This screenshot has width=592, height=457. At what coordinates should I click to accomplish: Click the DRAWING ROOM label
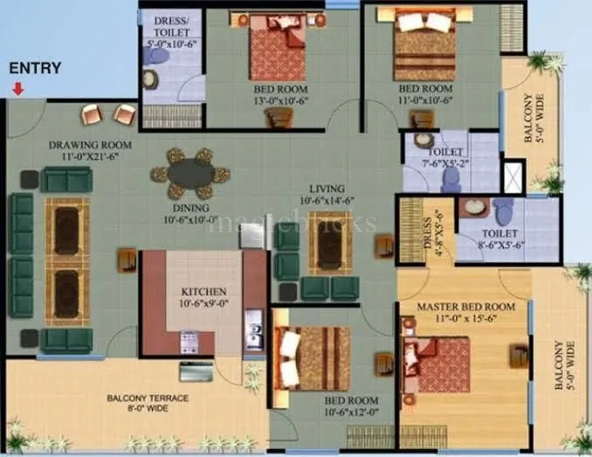[x=90, y=145]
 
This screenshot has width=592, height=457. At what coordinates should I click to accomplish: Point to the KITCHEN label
[x=204, y=291]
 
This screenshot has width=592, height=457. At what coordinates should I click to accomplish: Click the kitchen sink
[x=254, y=332]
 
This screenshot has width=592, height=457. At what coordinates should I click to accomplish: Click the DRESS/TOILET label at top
[x=171, y=25]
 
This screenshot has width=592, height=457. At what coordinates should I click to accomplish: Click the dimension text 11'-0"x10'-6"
[x=425, y=100]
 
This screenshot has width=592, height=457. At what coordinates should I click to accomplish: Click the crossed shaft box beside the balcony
[x=515, y=175]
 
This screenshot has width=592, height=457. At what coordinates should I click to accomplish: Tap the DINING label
[x=189, y=208]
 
